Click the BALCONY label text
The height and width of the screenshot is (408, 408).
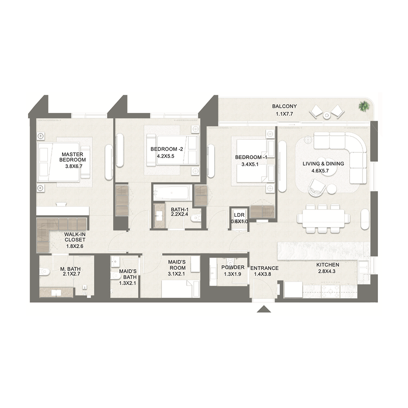284,107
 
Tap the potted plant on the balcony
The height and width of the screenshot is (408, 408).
364,107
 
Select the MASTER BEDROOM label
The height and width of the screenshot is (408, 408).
72,157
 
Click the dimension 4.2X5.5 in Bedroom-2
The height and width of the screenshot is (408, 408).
162,156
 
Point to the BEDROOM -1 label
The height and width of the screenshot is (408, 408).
251,158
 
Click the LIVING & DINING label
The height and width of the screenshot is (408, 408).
323,164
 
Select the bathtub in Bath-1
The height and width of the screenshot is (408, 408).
171,193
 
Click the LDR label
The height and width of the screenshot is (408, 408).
240,215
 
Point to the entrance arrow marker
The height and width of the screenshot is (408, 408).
264,309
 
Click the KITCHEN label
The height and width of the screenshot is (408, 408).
327,265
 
